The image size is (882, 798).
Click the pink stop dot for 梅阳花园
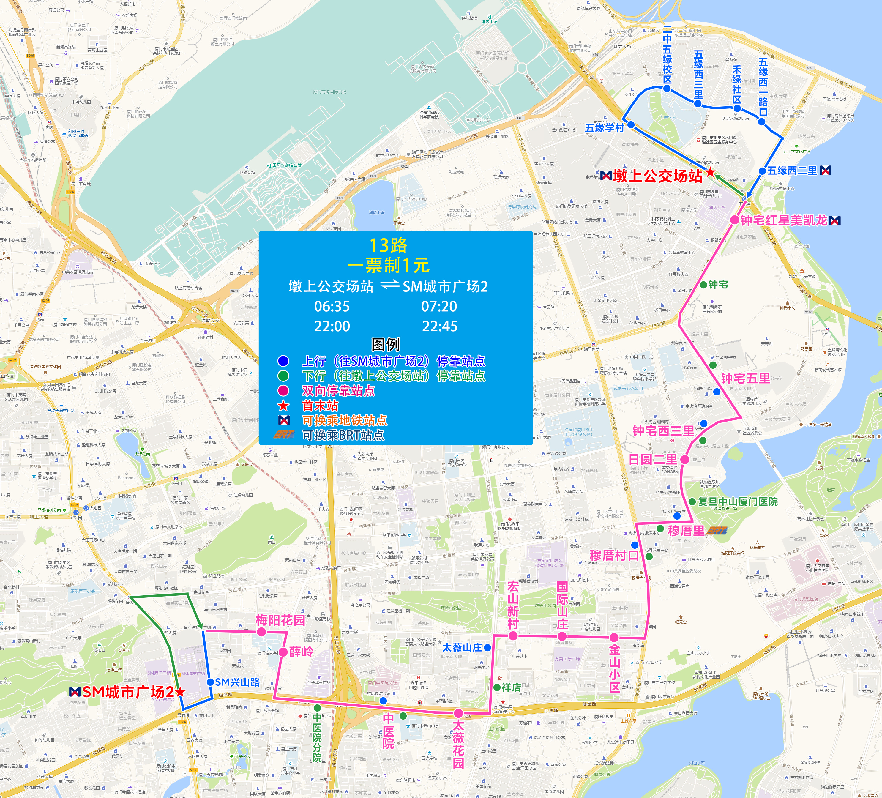coord(261,632)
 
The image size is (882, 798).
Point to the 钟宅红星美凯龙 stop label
coord(784,220)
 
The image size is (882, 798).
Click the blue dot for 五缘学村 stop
coord(631,125)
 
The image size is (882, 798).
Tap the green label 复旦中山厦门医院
coord(738,502)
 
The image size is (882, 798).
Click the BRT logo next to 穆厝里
coord(717,531)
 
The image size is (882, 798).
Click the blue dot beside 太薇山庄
coord(487,647)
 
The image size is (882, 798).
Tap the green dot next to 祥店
coord(497,687)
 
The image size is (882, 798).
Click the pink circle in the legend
coord(283,390)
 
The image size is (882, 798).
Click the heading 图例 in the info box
coord(385,344)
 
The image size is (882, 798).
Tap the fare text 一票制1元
coord(388,265)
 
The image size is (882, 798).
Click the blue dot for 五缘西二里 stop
coord(762,171)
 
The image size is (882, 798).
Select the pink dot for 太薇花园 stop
coord(458,713)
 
